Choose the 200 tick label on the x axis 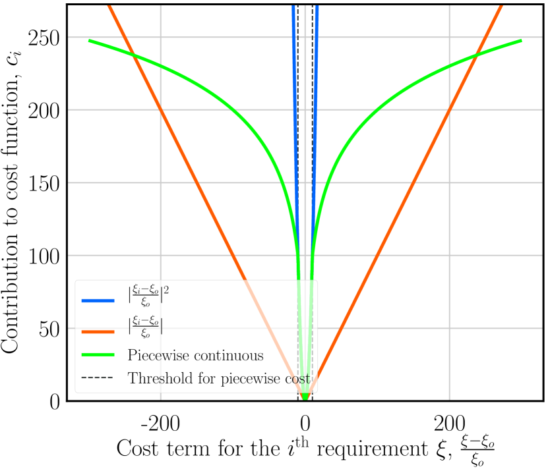click(x=449, y=421)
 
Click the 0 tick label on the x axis click(x=305, y=421)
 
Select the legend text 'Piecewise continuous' click(x=196, y=355)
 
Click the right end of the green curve click(x=521, y=41)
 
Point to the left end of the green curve click(x=90, y=41)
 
